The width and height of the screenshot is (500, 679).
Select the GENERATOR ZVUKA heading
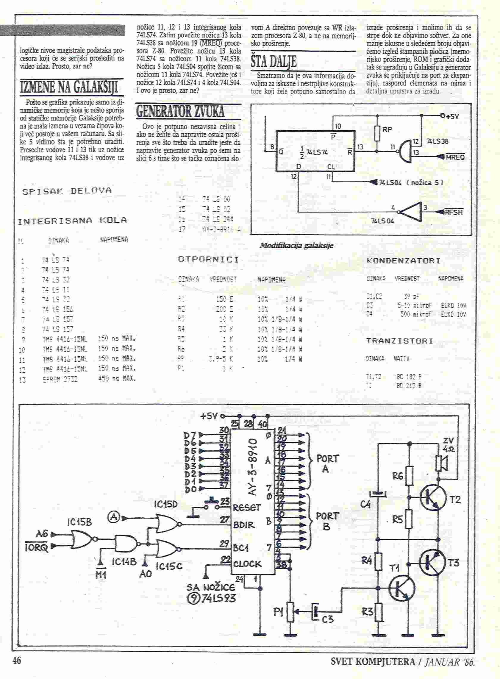[180, 111]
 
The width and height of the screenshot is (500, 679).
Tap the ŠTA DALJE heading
[273, 61]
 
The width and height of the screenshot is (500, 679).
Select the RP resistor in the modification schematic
[377, 133]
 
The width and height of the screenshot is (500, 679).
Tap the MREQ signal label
[455, 157]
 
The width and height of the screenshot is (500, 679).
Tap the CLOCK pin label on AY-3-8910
[247, 564]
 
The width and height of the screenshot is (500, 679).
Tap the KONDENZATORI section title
[403, 261]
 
